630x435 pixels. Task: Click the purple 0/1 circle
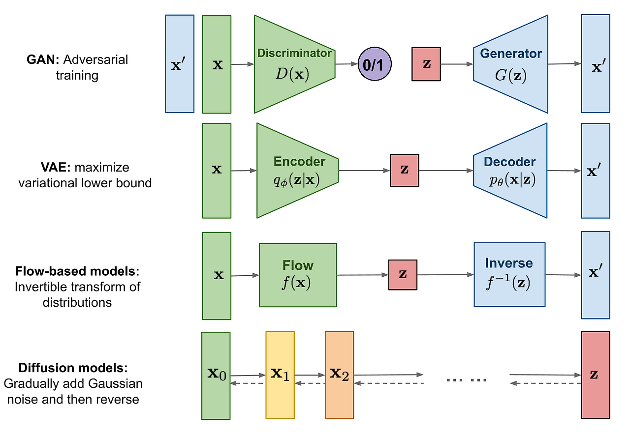tap(375, 64)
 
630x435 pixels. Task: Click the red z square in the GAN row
tap(426, 64)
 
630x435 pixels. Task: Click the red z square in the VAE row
tap(404, 170)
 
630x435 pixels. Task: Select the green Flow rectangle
tap(298, 275)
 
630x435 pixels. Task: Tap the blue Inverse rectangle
tap(509, 275)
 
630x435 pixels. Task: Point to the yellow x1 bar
tap(280, 375)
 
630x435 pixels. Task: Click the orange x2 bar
tap(339, 375)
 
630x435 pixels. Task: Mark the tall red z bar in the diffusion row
tap(595, 375)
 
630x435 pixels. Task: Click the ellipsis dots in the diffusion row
tap(466, 379)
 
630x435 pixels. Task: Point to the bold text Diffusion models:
tap(72, 368)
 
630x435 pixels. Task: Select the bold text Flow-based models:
tap(77, 271)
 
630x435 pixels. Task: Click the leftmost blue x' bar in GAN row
tap(180, 64)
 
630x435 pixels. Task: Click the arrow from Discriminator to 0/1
tap(346, 64)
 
